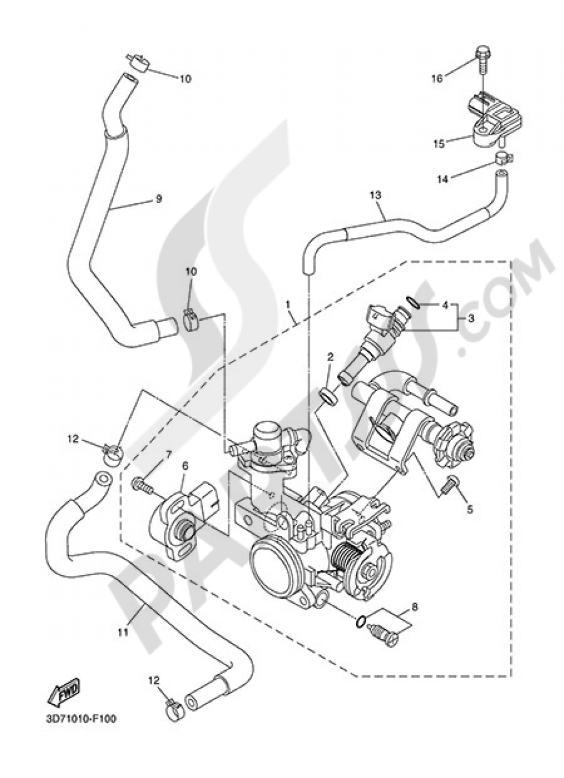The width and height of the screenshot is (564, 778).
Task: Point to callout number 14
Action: (x=442, y=180)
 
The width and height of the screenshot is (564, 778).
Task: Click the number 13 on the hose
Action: (x=376, y=195)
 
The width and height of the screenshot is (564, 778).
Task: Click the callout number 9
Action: (x=158, y=198)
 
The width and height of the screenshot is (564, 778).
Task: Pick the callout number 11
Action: (x=123, y=632)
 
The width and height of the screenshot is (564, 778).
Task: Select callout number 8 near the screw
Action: (x=415, y=608)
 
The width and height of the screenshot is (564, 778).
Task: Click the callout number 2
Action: (x=331, y=357)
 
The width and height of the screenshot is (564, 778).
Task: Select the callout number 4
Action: (x=445, y=306)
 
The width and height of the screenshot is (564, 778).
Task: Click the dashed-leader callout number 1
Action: (x=288, y=304)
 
